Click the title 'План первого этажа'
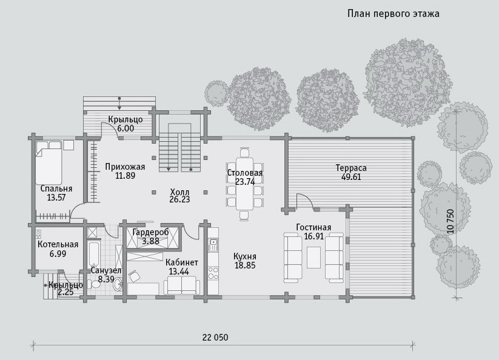(394, 14)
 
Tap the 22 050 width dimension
(215, 337)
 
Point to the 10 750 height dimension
(450, 221)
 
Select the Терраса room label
(351, 168)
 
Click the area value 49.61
(351, 177)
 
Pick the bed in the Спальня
(49, 162)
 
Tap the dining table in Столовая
(244, 182)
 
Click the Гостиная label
(313, 227)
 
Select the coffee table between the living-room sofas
(314, 258)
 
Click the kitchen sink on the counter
(213, 245)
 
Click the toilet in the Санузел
(94, 284)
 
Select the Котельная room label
(58, 245)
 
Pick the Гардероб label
(150, 232)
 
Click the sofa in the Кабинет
(181, 285)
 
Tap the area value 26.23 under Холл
(180, 199)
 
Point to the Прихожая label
(125, 167)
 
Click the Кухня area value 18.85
(245, 265)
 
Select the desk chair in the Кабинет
(134, 275)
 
